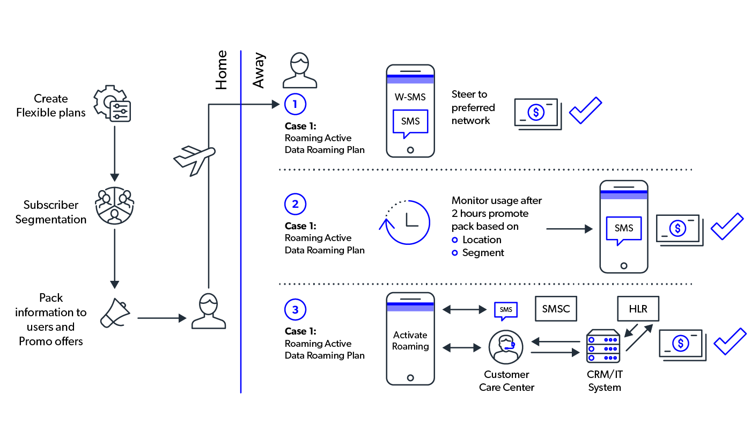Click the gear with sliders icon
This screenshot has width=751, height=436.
(112, 104)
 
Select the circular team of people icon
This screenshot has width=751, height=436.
(115, 206)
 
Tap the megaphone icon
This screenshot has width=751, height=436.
(115, 313)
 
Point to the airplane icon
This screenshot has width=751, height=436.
(194, 159)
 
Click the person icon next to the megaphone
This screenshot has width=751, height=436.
(209, 311)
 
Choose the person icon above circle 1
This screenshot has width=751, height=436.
(300, 70)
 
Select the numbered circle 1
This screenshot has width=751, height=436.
(295, 104)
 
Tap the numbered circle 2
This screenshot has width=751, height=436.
(295, 204)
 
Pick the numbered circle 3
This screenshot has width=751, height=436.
(295, 310)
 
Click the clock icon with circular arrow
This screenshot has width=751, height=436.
(407, 222)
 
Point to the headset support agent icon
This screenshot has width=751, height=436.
(506, 347)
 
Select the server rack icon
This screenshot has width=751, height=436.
(603, 346)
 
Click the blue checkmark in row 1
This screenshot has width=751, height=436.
(585, 111)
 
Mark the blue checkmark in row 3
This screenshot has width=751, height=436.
(730, 341)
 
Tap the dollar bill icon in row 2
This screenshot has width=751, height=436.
(679, 230)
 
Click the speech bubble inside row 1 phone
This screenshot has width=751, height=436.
(410, 123)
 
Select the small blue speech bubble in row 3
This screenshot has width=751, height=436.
(506, 311)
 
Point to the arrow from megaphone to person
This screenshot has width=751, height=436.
(161, 318)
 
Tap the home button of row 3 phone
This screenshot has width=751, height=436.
(410, 378)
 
